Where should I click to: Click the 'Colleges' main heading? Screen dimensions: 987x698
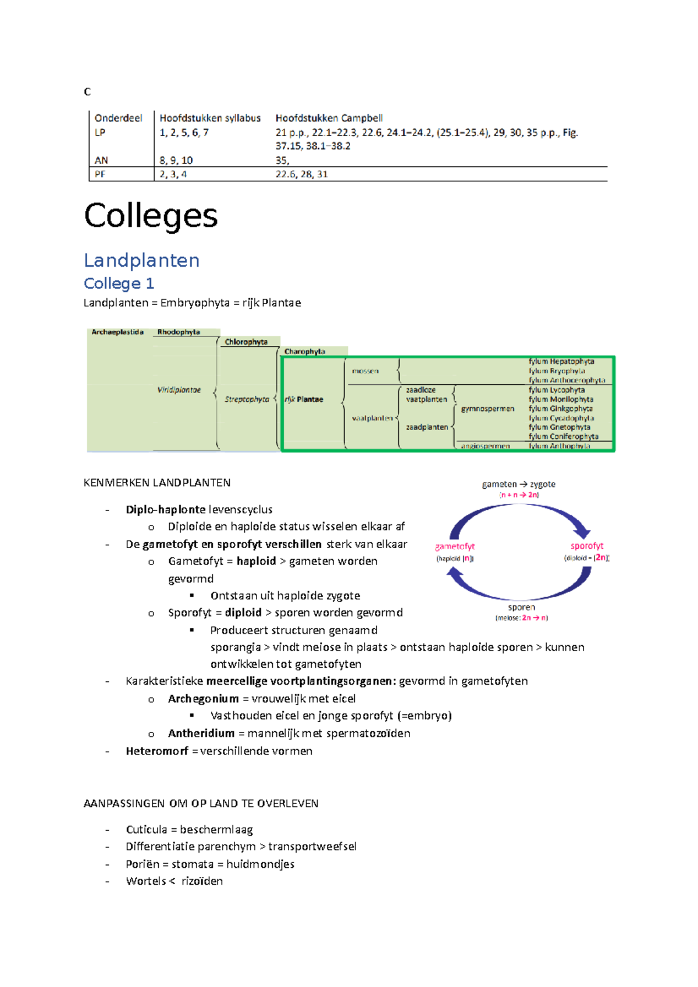pos(151,216)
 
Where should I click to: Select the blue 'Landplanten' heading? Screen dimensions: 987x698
pos(141,260)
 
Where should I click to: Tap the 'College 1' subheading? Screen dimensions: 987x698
pos(119,284)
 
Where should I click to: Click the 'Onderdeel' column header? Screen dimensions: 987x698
pos(118,118)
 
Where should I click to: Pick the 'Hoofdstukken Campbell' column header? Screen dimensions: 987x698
pos(329,118)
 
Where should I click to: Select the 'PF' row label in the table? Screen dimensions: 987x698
pos(100,174)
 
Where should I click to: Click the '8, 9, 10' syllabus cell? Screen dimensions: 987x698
pos(176,160)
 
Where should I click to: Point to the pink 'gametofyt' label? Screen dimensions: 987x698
pos(455,546)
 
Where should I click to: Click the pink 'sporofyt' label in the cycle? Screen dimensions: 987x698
pos(586,546)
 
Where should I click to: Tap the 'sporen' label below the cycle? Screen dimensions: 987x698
pos(521,607)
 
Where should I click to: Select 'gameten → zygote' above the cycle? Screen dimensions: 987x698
pos(518,484)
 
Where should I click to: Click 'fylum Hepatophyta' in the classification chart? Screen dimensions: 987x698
pos(561,362)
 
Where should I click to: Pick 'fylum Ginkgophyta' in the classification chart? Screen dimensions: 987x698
pos(560,409)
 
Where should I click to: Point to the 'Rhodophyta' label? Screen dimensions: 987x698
pos(179,332)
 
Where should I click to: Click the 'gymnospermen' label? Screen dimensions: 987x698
pos(487,409)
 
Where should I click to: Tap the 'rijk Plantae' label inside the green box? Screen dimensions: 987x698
pos(304,399)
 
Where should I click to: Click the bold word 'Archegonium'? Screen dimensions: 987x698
pos(203,699)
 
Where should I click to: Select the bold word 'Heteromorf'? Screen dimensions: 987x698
pos(156,751)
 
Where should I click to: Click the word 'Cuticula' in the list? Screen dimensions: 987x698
pos(146,829)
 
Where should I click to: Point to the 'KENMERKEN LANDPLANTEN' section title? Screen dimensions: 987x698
pos(157,482)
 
